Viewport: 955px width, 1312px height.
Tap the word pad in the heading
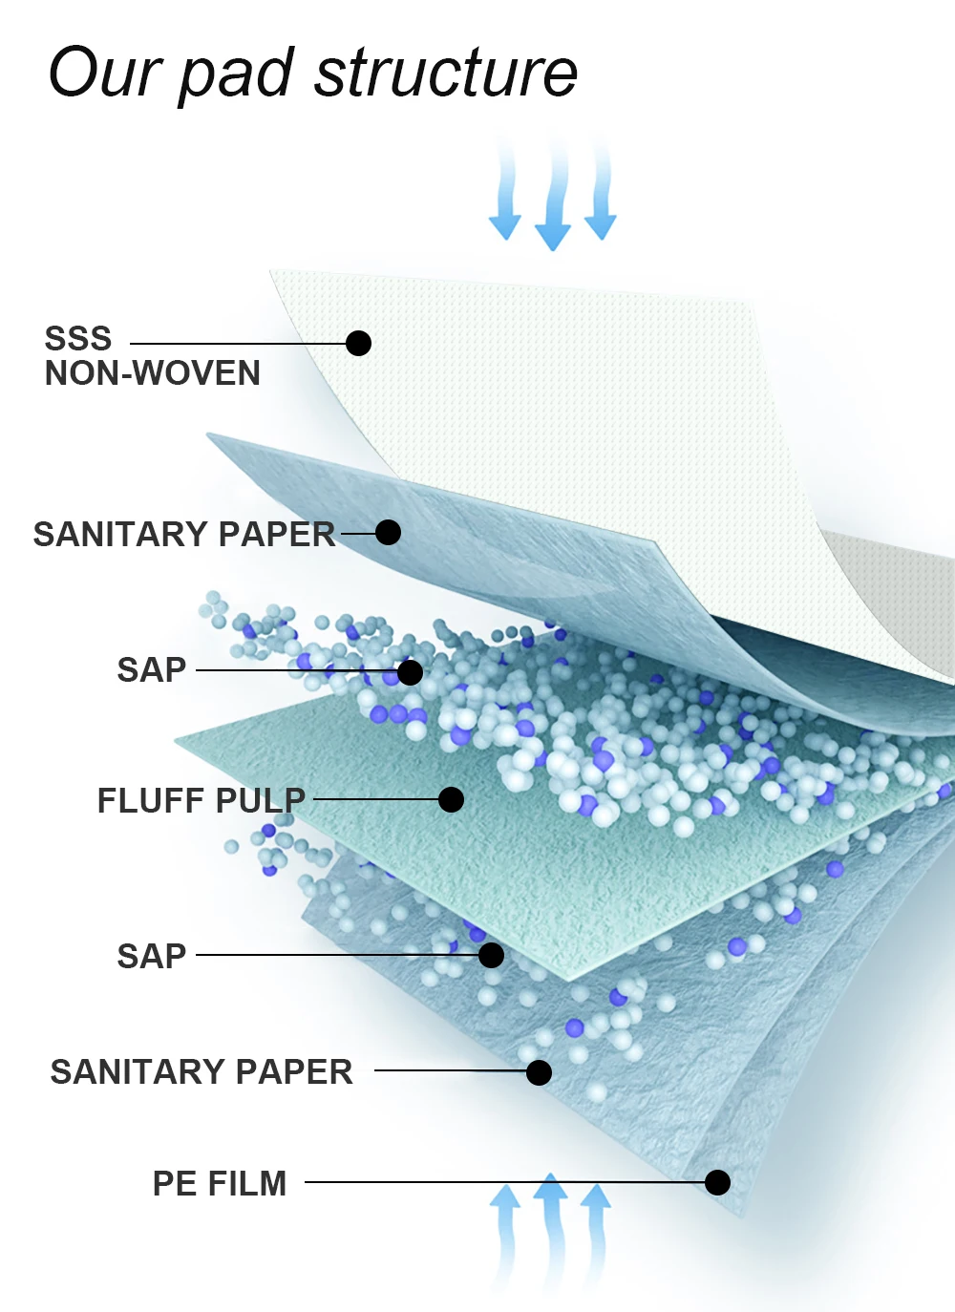(x=236, y=74)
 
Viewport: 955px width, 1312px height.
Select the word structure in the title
(x=446, y=73)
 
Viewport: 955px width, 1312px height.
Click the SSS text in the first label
(x=78, y=339)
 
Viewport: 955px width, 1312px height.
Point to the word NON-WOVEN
(x=153, y=373)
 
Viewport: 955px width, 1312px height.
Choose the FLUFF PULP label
(x=202, y=800)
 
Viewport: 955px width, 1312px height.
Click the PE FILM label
(x=220, y=1183)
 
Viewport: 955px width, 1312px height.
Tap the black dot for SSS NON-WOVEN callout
(x=358, y=343)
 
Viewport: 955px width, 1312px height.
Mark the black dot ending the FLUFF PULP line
(x=451, y=799)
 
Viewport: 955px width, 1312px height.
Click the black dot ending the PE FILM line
(x=717, y=1182)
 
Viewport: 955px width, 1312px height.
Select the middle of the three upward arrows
(x=550, y=1232)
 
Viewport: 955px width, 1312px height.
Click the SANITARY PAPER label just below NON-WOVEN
(x=184, y=534)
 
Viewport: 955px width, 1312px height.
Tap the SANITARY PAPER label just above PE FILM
(x=202, y=1071)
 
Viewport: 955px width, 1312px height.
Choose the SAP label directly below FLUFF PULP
(x=152, y=956)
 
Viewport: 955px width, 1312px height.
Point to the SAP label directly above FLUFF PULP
(x=152, y=669)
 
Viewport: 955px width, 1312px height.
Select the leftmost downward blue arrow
(x=505, y=196)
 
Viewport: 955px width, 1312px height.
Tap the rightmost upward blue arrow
(x=595, y=1232)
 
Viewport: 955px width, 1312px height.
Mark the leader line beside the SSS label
(x=239, y=343)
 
